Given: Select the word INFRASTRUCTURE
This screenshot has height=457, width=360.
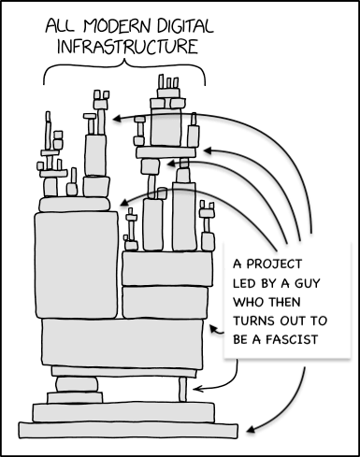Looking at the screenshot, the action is [127, 47].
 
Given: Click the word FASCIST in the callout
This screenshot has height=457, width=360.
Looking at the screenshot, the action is [292, 339].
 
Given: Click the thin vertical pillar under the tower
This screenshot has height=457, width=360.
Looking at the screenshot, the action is [183, 390].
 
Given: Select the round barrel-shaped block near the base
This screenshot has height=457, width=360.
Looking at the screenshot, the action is [77, 384].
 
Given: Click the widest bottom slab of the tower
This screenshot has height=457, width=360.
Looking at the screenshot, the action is [128, 431].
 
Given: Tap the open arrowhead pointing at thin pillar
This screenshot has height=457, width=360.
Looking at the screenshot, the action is [198, 389].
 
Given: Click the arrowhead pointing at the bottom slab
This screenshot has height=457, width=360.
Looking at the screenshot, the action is [252, 430].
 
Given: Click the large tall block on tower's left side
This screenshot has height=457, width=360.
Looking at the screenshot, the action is [77, 265].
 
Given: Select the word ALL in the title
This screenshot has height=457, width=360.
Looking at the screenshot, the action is [60, 27].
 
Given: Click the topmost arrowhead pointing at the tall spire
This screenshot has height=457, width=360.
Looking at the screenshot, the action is [118, 119].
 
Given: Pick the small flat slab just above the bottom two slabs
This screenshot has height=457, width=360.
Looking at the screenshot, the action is [75, 398].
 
